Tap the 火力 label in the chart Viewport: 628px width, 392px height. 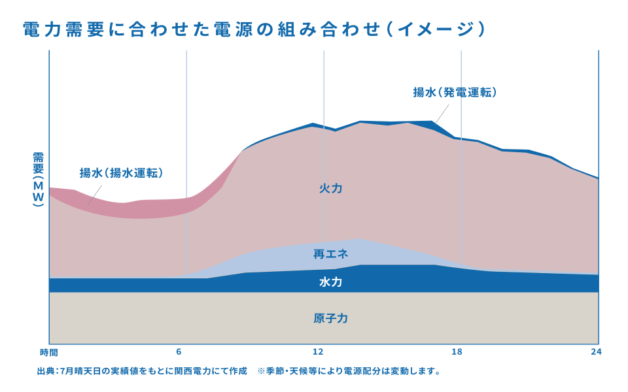pyautogui.click(x=331, y=188)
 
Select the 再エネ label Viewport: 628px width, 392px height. pyautogui.click(x=331, y=253)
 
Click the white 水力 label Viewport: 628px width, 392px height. pyautogui.click(x=331, y=283)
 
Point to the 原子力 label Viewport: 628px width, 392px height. pyautogui.click(x=331, y=319)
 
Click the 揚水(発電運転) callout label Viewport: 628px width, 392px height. pyautogui.click(x=455, y=92)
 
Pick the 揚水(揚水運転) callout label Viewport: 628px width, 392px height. pyautogui.click(x=122, y=173)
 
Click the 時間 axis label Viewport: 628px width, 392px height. pyautogui.click(x=48, y=352)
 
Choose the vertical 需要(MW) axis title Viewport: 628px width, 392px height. pyautogui.click(x=38, y=180)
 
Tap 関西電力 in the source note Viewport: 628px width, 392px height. pyautogui.click(x=185, y=371)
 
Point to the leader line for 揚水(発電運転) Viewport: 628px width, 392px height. pyautogui.click(x=440, y=112)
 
